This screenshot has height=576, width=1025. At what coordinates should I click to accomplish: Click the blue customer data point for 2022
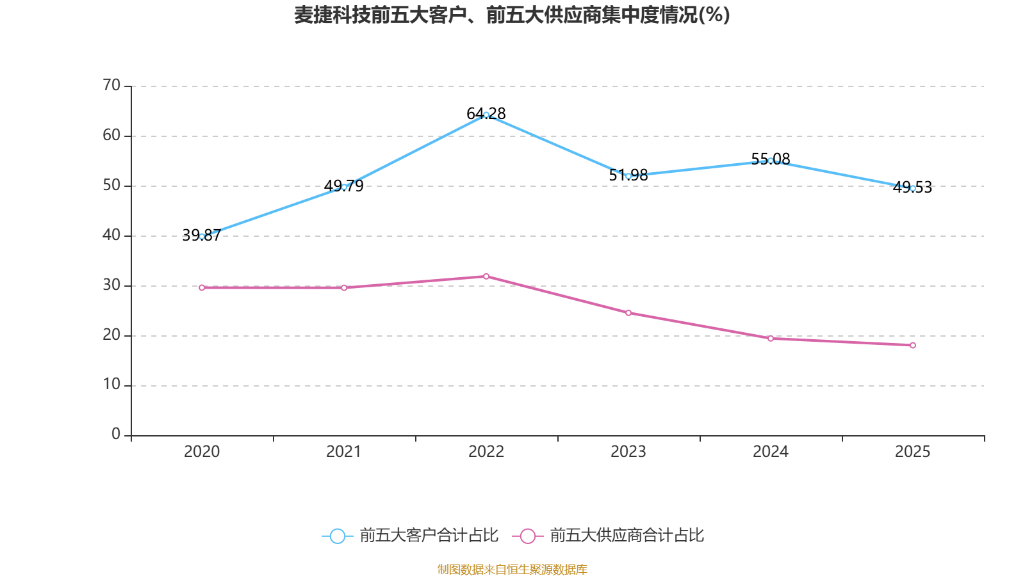486,115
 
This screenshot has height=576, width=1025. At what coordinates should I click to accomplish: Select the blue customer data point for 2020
202,236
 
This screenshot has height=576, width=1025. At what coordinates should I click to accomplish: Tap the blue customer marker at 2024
770,161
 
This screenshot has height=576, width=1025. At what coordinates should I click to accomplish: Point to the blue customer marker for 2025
913,188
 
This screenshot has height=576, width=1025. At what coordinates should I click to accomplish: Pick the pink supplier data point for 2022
486,276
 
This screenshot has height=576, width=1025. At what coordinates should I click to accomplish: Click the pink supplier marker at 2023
628,313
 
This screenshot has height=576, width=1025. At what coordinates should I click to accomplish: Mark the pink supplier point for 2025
913,346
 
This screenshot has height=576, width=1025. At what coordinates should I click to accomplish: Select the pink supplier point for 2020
202,288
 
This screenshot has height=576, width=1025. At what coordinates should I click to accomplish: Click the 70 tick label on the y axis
111,85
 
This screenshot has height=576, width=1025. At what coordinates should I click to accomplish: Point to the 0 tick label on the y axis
116,435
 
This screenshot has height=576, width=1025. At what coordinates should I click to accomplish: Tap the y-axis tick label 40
111,235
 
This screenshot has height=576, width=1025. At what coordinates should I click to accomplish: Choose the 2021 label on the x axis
344,452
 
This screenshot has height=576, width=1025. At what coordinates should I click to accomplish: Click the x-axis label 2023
628,452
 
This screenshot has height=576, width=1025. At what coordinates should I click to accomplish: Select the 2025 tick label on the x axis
912,452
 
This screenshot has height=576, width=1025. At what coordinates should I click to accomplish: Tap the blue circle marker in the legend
337,536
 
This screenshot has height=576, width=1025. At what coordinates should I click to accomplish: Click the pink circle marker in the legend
527,536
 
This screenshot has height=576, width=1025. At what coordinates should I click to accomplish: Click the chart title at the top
512,15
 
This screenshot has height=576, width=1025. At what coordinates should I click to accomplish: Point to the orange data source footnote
512,569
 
